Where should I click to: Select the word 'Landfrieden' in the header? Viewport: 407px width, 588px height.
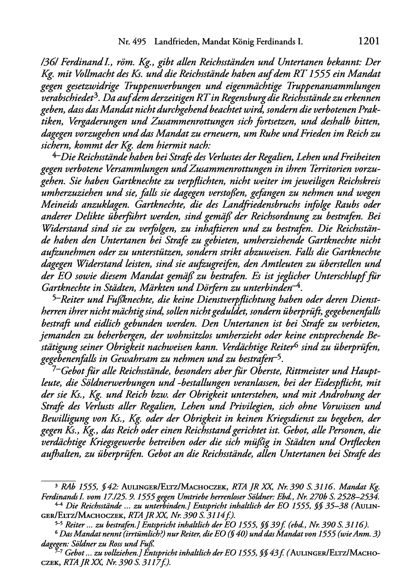175,42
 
